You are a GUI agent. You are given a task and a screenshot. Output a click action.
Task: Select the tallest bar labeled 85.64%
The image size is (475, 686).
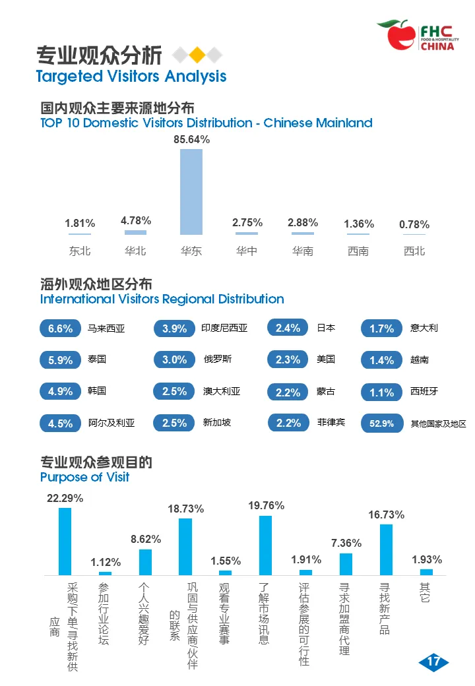click(191, 191)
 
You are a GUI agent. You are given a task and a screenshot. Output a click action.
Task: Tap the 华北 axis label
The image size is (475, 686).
click(135, 251)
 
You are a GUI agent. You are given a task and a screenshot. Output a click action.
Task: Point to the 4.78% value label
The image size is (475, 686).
click(136, 220)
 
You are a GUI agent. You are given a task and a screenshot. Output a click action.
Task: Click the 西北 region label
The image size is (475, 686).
click(414, 251)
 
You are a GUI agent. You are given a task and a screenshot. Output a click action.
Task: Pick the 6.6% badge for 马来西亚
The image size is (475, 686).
click(61, 328)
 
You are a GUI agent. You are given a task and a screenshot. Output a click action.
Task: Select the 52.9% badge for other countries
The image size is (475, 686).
click(381, 423)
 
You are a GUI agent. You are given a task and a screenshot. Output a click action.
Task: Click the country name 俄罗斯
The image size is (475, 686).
click(218, 359)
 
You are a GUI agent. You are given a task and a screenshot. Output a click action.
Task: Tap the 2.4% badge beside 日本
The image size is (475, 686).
click(288, 328)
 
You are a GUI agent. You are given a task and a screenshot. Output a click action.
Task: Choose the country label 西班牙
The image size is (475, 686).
click(424, 391)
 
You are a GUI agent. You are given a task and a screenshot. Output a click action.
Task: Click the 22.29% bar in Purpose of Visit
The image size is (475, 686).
click(65, 541)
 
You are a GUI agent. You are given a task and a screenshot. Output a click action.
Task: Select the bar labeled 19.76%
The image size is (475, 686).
click(265, 545)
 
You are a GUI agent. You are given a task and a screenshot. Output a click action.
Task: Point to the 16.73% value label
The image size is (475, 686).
click(387, 514)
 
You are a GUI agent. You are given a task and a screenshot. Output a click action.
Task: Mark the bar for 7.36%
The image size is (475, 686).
click(346, 564)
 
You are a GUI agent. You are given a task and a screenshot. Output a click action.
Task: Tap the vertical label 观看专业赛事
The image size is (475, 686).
click(225, 613)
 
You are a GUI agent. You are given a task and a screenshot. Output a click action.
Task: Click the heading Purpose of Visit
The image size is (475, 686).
click(85, 477)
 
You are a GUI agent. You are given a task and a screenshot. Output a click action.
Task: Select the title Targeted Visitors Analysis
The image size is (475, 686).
click(131, 77)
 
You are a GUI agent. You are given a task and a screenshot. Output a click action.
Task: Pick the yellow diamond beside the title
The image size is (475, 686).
click(197, 55)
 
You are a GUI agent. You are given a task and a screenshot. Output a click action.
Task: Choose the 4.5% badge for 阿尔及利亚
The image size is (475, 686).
click(61, 423)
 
